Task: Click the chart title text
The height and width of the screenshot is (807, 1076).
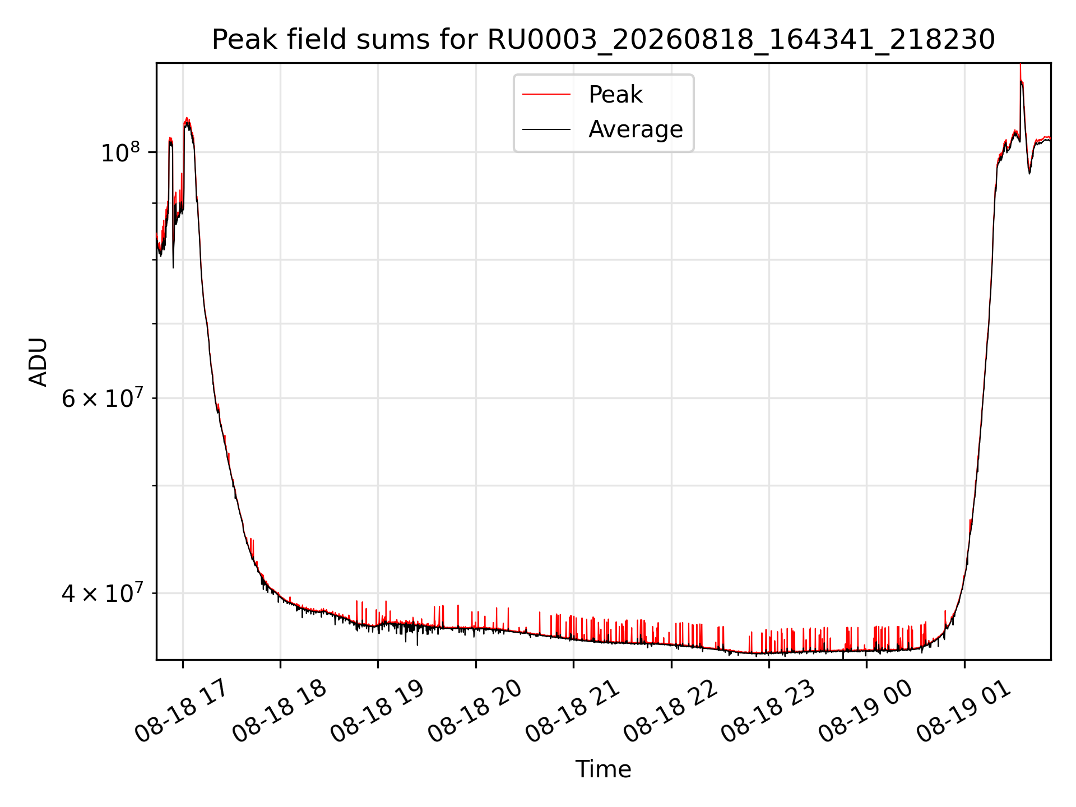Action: tap(603, 40)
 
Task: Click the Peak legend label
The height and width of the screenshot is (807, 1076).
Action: tap(615, 95)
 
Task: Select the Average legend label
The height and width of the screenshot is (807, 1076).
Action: tap(636, 129)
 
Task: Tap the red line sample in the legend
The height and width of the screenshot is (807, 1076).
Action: tap(546, 95)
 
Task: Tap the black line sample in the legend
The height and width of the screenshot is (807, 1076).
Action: tap(546, 129)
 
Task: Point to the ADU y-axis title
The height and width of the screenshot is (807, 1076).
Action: tap(38, 361)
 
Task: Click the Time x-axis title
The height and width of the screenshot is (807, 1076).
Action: tap(603, 769)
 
